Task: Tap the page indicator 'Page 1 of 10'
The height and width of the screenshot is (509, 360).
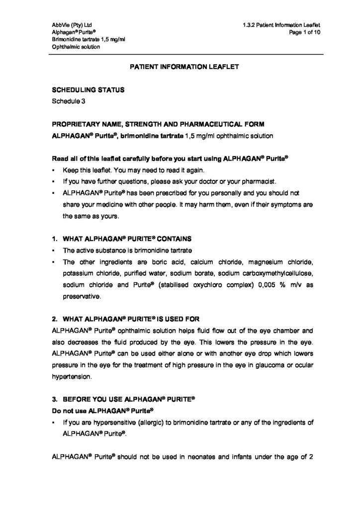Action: (304, 32)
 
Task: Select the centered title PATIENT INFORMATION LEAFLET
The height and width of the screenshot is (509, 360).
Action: (180, 65)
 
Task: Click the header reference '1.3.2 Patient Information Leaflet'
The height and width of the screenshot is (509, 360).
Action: (281, 24)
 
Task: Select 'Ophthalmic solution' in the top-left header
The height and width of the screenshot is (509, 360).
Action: (76, 47)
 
